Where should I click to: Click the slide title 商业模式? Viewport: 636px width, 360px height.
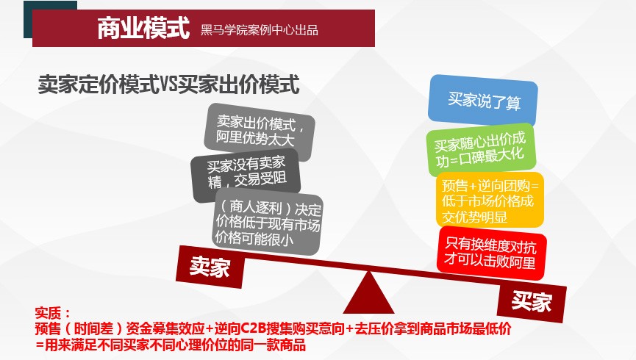click(143, 28)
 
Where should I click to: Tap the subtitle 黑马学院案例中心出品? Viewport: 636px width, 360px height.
click(260, 30)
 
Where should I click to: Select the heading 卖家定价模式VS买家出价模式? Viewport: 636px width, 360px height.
click(168, 84)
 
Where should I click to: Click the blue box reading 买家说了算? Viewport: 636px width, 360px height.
click(483, 100)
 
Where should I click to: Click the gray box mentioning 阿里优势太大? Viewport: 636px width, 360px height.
click(260, 131)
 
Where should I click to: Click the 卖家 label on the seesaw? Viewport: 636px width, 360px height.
click(210, 267)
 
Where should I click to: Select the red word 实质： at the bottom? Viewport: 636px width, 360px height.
click(53, 313)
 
